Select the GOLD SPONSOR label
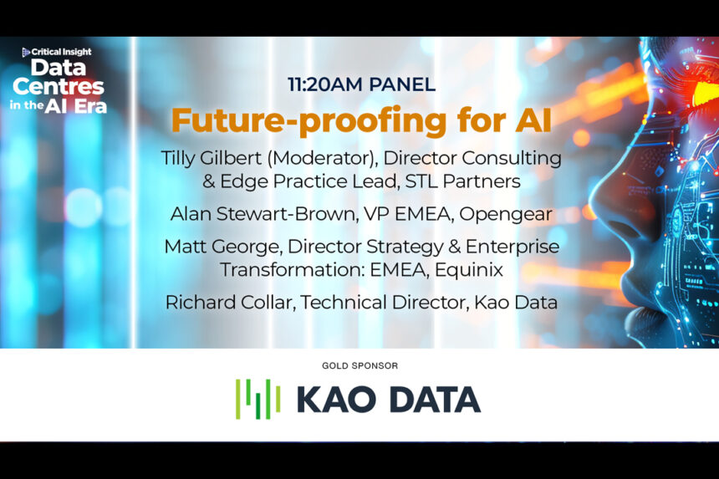pos(359,365)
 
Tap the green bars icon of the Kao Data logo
pos(258,399)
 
